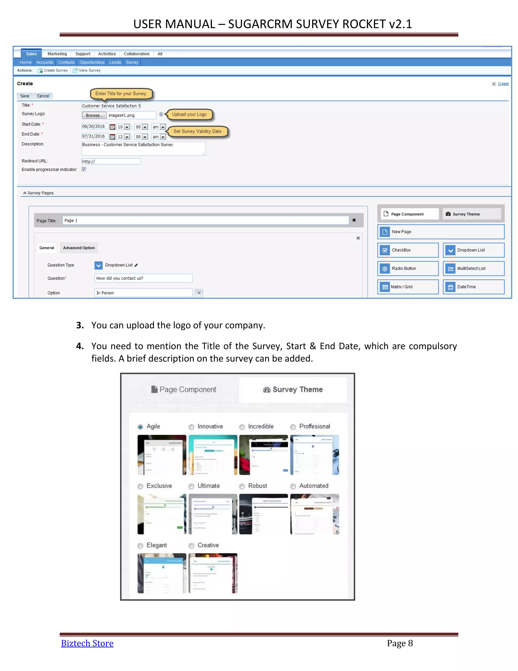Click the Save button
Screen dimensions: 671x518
[x=25, y=96]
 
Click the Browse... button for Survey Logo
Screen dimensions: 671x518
[x=94, y=115]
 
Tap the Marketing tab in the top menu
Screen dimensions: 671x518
[x=57, y=54]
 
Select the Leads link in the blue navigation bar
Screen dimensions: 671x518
[x=115, y=62]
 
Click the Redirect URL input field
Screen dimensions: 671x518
[x=111, y=161]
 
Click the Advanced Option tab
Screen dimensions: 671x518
[x=79, y=248]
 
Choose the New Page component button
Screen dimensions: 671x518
[x=441, y=232]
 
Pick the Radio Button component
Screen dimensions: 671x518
[x=408, y=268]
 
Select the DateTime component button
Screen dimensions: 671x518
[x=473, y=287]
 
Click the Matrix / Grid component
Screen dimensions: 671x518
[x=408, y=287]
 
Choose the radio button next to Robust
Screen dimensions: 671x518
[x=242, y=486]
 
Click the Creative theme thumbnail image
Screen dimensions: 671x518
[x=213, y=573]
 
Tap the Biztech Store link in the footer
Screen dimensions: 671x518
[x=87, y=643]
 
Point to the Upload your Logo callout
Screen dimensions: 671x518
[x=189, y=114]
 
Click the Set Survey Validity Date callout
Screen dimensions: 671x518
[x=197, y=131]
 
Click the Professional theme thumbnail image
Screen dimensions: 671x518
[x=315, y=455]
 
